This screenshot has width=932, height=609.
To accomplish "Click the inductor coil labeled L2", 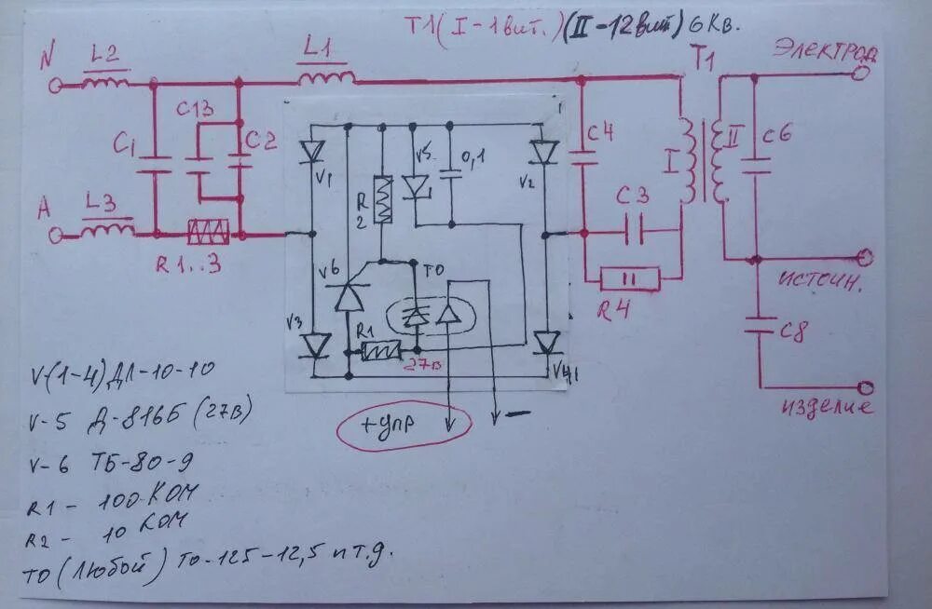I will [x=104, y=83].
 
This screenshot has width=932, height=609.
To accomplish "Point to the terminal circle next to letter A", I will [x=56, y=236].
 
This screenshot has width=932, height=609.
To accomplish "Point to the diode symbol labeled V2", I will [x=544, y=151].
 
